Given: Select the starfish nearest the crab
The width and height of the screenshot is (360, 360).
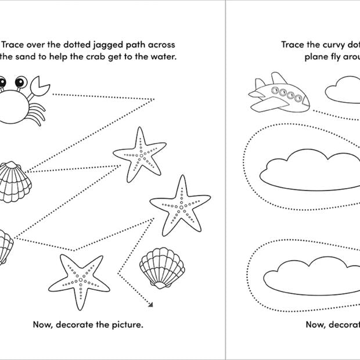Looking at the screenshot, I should pyautogui.click(x=139, y=154).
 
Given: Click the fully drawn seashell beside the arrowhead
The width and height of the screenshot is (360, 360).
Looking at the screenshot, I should pyautogui.click(x=162, y=268).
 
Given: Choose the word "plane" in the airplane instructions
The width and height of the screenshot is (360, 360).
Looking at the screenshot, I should pyautogui.click(x=316, y=56).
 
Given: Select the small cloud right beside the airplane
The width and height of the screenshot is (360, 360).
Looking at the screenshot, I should pyautogui.click(x=343, y=91).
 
